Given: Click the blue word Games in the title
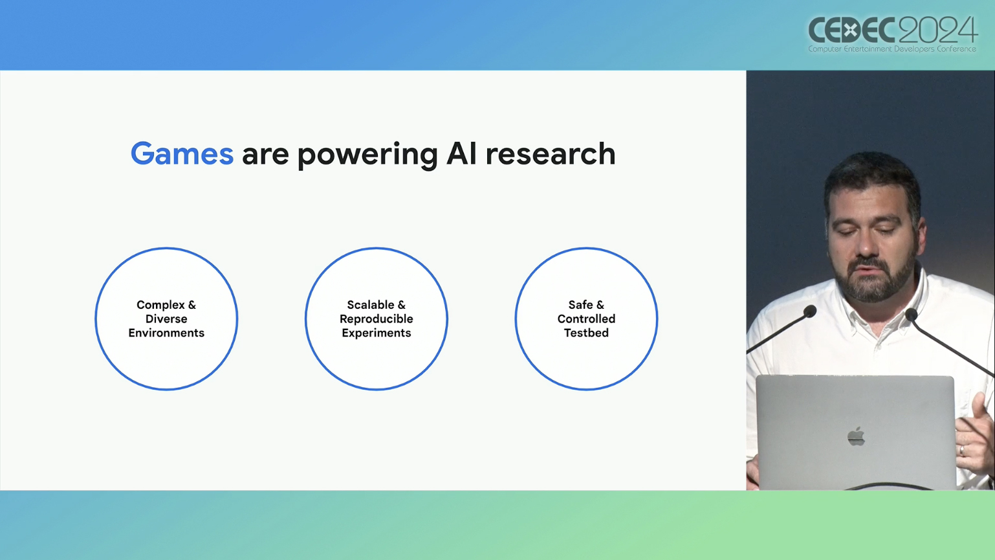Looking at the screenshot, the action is [182, 154].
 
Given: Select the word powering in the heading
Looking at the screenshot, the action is [367, 155].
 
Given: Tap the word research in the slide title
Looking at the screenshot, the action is [551, 154].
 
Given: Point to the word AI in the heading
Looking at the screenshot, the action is [461, 154].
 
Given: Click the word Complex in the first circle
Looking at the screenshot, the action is [160, 306].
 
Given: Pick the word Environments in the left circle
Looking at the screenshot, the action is [166, 333].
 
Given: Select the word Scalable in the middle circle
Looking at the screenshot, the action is [371, 305].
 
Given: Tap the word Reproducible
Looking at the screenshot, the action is [377, 319].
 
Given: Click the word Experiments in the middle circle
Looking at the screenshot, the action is [377, 333].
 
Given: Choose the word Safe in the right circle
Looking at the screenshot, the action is [580, 305].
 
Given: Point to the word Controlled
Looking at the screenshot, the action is [586, 319].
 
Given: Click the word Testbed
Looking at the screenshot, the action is [586, 333].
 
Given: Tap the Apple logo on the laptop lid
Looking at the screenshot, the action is [856, 436].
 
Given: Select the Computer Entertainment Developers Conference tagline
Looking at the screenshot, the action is [892, 49].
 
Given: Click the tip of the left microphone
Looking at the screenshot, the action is [810, 311].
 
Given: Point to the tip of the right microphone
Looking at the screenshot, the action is [911, 315].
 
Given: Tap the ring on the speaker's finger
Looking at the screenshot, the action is [962, 450].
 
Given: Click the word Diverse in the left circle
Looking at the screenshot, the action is [166, 319].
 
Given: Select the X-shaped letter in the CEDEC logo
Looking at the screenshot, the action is [849, 30].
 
